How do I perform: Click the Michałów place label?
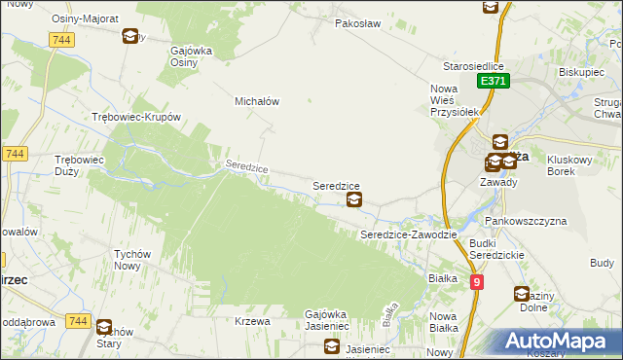pyautogui.click(x=257, y=101)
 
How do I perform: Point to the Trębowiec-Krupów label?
pyautogui.click(x=136, y=117)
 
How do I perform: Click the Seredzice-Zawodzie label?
pyautogui.click(x=403, y=235)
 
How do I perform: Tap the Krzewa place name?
pyautogui.click(x=252, y=321)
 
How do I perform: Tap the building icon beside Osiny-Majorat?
pyautogui.click(x=130, y=37)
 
